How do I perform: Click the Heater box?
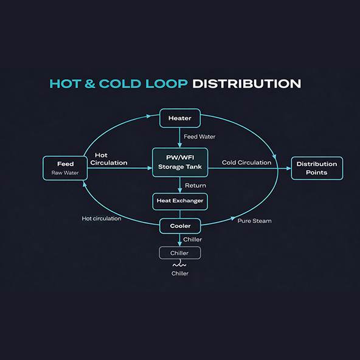click(x=180, y=118)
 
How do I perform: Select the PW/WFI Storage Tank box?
click(x=180, y=162)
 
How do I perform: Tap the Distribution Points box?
click(x=317, y=168)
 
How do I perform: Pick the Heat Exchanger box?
click(x=180, y=201)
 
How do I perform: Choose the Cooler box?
click(x=180, y=226)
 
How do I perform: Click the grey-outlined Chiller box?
click(x=180, y=253)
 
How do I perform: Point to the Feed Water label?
click(x=199, y=137)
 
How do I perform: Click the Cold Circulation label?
click(x=246, y=162)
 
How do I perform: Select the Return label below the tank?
click(x=195, y=185)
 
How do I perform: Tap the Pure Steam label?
click(x=254, y=221)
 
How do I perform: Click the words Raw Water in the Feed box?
click(x=65, y=173)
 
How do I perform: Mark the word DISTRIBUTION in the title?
click(x=246, y=83)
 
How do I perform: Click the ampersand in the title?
click(x=90, y=83)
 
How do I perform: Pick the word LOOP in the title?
click(x=167, y=83)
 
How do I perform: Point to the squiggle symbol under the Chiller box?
click(x=179, y=265)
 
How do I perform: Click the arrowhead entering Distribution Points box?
click(x=289, y=168)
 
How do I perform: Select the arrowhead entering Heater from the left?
click(x=149, y=116)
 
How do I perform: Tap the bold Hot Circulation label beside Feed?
click(x=109, y=159)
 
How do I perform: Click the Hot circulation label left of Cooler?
click(x=102, y=218)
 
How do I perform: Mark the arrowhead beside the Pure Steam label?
click(x=233, y=218)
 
